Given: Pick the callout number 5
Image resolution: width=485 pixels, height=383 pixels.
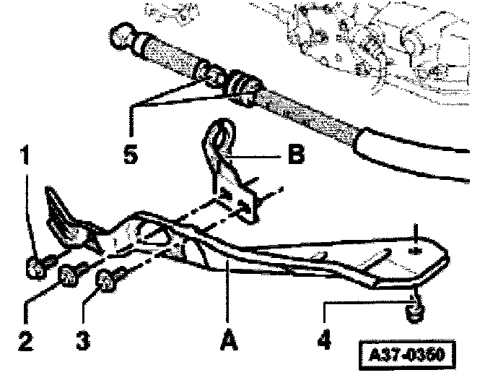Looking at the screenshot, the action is pyautogui.click(x=131, y=155).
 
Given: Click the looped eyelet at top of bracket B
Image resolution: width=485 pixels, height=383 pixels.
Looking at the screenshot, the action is pyautogui.click(x=219, y=134).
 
